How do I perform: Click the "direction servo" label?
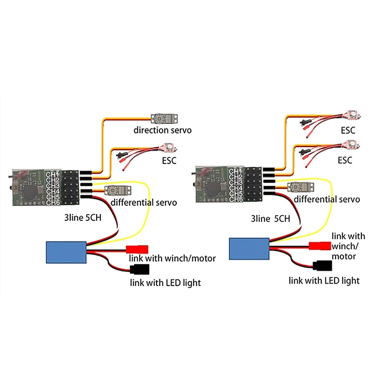162,130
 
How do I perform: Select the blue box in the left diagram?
66,252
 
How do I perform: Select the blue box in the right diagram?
248,248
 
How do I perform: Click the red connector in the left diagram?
137,249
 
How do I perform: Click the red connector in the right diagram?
320,245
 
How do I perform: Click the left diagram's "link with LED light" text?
165,283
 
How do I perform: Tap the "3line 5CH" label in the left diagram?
86,218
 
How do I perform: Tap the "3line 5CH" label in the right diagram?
271,218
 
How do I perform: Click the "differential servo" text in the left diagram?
144,202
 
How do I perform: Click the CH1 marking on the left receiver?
52,174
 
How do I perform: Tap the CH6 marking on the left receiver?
52,202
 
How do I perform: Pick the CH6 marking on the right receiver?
235,199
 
